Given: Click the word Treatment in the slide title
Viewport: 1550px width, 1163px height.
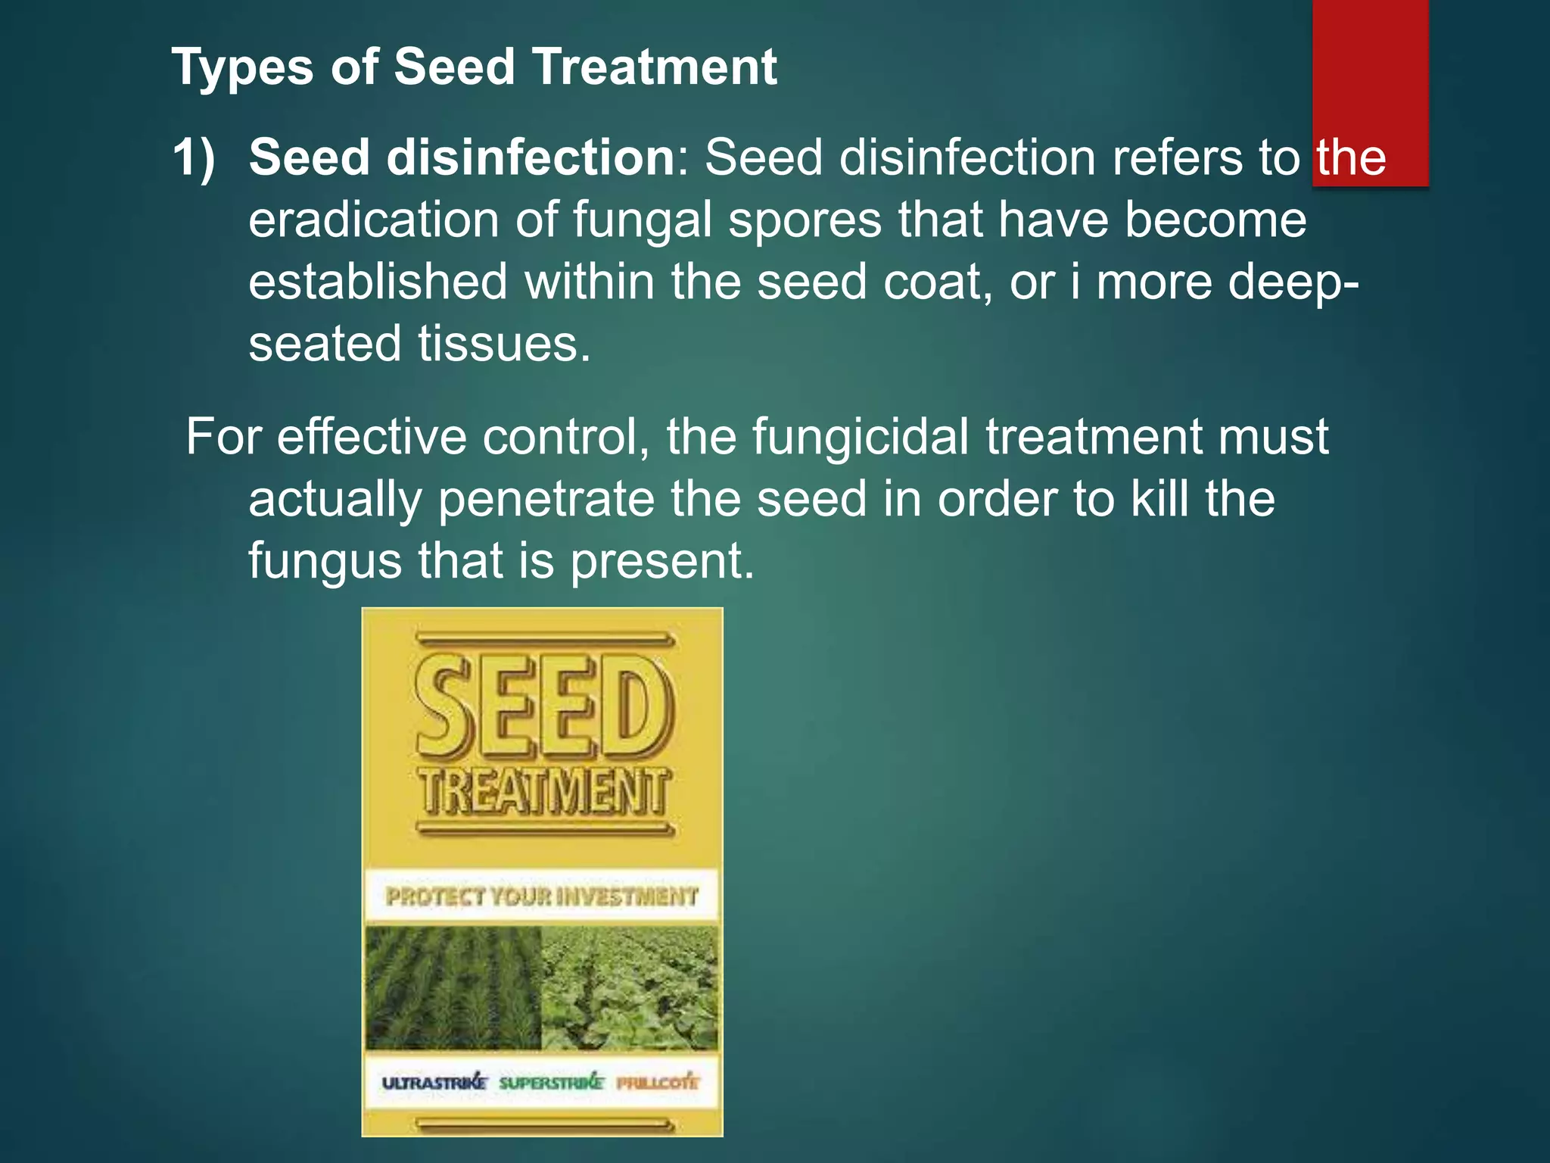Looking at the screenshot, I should tap(655, 67).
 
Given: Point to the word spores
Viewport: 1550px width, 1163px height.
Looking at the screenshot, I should tap(805, 220).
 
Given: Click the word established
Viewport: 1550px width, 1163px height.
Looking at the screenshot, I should tap(378, 282).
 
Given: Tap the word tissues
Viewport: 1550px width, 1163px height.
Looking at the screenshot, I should tap(504, 344).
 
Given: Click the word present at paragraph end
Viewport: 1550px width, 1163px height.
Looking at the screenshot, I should tap(662, 561).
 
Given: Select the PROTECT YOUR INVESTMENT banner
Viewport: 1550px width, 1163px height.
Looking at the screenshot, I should tap(542, 896).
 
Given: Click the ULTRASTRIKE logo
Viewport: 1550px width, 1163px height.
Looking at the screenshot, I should tap(434, 1083).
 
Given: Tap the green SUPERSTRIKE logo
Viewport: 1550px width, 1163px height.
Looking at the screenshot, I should tap(551, 1083).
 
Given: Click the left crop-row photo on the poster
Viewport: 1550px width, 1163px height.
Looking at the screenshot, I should tap(453, 987).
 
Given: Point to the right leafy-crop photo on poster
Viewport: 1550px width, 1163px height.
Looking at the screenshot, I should tap(630, 987).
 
